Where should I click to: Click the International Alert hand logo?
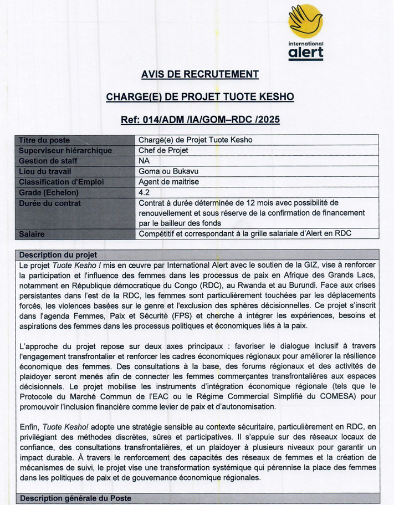pyautogui.click(x=305, y=21)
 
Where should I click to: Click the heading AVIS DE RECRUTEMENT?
pyautogui.click(x=199, y=74)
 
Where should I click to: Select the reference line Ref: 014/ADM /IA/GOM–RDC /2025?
pyautogui.click(x=199, y=119)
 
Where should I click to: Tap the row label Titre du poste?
pyautogui.click(x=44, y=140)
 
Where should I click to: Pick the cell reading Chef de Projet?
pyautogui.click(x=163, y=151)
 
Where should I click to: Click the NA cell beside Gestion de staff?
pyautogui.click(x=144, y=161)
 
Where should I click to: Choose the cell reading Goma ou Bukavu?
pyautogui.click(x=169, y=171)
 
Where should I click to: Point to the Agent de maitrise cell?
pyautogui.click(x=168, y=182)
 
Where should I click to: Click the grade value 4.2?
pyautogui.click(x=144, y=192)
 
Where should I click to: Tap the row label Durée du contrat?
pyautogui.click(x=50, y=203)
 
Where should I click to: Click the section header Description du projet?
pyautogui.click(x=58, y=255)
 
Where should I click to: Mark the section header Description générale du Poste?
pyautogui.click(x=76, y=498)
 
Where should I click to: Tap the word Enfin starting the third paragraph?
pyautogui.click(x=28, y=427)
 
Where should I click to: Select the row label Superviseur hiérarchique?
pyautogui.click(x=65, y=151)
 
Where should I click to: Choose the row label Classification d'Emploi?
pyautogui.click(x=62, y=182)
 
